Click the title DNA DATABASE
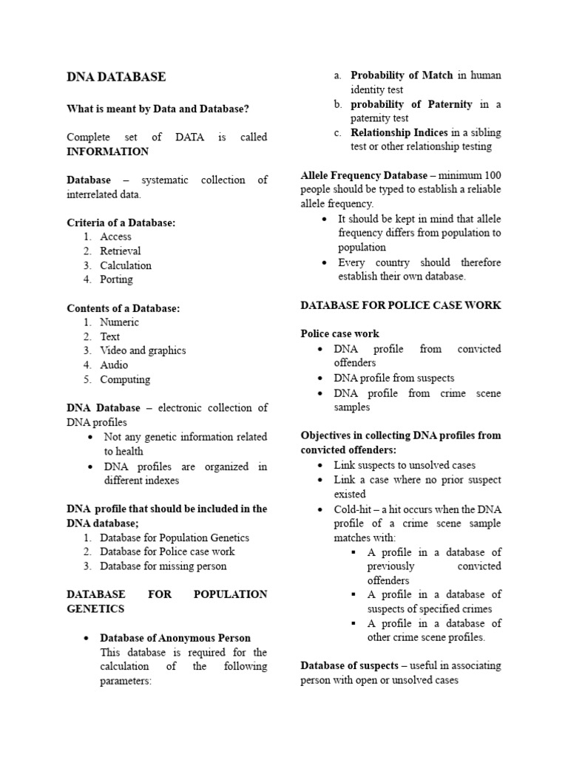pyautogui.click(x=116, y=77)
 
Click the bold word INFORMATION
pyautogui.click(x=107, y=152)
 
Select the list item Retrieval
pyautogui.click(x=121, y=251)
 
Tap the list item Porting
pyautogui.click(x=117, y=279)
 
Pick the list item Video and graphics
pyautogui.click(x=143, y=350)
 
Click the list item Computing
pyautogui.click(x=125, y=379)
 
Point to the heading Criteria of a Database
pyautogui.click(x=121, y=223)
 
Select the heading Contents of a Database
pyautogui.click(x=123, y=308)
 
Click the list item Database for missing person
pyautogui.click(x=163, y=566)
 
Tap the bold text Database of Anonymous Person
pyautogui.click(x=175, y=638)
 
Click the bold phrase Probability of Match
pyautogui.click(x=402, y=75)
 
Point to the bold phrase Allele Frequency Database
pyautogui.click(x=364, y=175)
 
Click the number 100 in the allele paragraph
pyautogui.click(x=491, y=175)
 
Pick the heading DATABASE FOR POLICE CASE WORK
pyautogui.click(x=401, y=305)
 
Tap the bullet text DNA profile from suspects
pyautogui.click(x=394, y=378)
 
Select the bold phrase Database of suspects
pyautogui.click(x=349, y=666)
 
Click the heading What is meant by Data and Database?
pyautogui.click(x=158, y=109)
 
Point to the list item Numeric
pyautogui.click(x=120, y=322)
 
